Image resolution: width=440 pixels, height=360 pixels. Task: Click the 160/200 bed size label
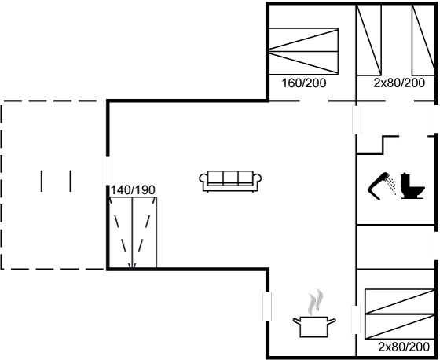click(x=303, y=83)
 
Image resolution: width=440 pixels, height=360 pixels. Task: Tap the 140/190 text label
click(x=133, y=190)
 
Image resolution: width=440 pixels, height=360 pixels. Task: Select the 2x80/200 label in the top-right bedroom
click(x=399, y=83)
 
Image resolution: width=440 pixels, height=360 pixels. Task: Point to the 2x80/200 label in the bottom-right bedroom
click(x=404, y=347)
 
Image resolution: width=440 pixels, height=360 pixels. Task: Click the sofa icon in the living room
click(x=230, y=181)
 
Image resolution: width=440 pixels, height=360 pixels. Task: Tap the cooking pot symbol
click(x=314, y=327)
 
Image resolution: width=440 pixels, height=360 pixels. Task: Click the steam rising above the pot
click(x=316, y=302)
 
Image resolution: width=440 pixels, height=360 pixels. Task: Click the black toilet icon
click(x=413, y=186)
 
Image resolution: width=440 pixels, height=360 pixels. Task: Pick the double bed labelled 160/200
click(x=303, y=51)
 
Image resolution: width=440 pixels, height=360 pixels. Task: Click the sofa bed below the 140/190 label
click(x=133, y=233)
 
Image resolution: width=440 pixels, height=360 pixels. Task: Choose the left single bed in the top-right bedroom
click(x=369, y=40)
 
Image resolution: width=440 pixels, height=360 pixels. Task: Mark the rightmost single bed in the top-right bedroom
click(x=423, y=40)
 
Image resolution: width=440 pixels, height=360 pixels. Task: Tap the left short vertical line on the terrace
click(x=42, y=181)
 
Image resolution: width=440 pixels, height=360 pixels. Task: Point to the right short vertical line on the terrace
click(x=71, y=181)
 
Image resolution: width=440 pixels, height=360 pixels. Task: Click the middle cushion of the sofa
click(x=231, y=178)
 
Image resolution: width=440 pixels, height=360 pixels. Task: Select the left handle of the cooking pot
click(x=297, y=321)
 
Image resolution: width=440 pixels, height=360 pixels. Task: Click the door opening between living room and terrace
click(x=107, y=171)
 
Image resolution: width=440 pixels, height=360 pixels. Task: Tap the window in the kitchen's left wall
click(x=267, y=307)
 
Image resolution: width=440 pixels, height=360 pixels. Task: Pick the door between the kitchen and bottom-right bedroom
click(x=356, y=320)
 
